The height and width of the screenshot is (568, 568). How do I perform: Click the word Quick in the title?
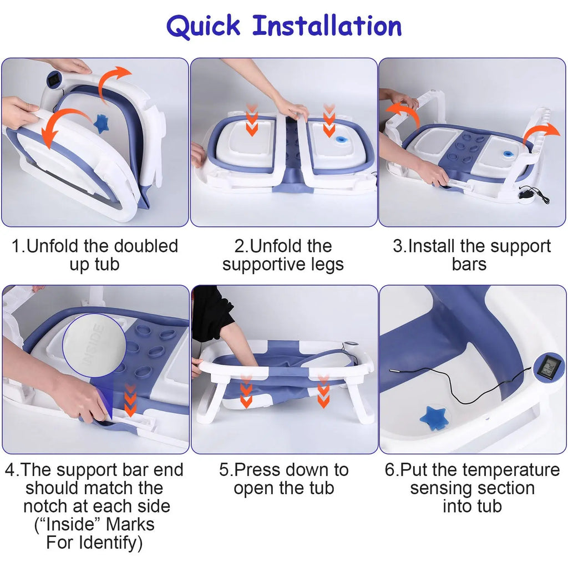click(203, 27)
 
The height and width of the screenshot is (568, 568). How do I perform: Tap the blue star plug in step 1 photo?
click(102, 123)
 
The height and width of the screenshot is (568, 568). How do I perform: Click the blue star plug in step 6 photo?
click(433, 418)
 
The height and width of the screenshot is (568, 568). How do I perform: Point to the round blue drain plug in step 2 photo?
click(341, 139)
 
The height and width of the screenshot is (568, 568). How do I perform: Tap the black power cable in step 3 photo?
click(534, 194)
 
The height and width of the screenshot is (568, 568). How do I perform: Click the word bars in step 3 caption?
click(469, 264)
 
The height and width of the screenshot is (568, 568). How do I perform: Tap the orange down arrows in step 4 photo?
click(130, 400)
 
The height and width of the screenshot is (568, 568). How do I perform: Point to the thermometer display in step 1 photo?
click(55, 79)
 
